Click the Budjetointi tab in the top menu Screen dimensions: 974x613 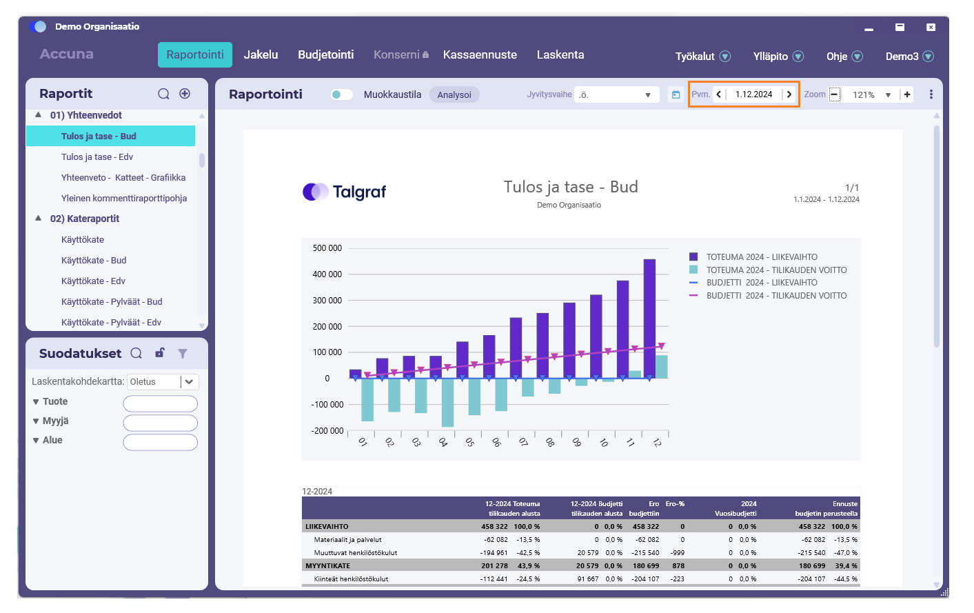click(325, 54)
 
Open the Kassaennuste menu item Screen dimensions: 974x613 click(480, 54)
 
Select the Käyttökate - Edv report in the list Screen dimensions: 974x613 click(93, 281)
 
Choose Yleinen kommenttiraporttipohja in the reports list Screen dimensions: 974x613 click(124, 199)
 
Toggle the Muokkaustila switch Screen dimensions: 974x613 click(341, 94)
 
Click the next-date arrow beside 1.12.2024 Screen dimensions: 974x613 click(789, 94)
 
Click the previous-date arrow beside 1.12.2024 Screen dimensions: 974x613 click(719, 94)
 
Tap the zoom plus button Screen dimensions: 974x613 click(907, 94)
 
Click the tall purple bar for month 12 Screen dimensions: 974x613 click(649, 319)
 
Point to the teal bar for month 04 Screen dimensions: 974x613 click(447, 403)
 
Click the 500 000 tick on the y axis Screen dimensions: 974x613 click(327, 248)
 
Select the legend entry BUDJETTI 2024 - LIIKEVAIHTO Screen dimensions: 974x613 click(762, 283)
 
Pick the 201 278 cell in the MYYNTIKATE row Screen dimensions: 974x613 click(494, 565)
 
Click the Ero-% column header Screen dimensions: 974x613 click(675, 504)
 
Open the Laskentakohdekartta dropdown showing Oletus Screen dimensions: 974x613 click(163, 381)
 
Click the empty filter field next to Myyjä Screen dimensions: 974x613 click(161, 423)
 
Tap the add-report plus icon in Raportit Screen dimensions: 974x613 click(185, 94)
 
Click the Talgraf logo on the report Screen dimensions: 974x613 click(344, 192)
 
